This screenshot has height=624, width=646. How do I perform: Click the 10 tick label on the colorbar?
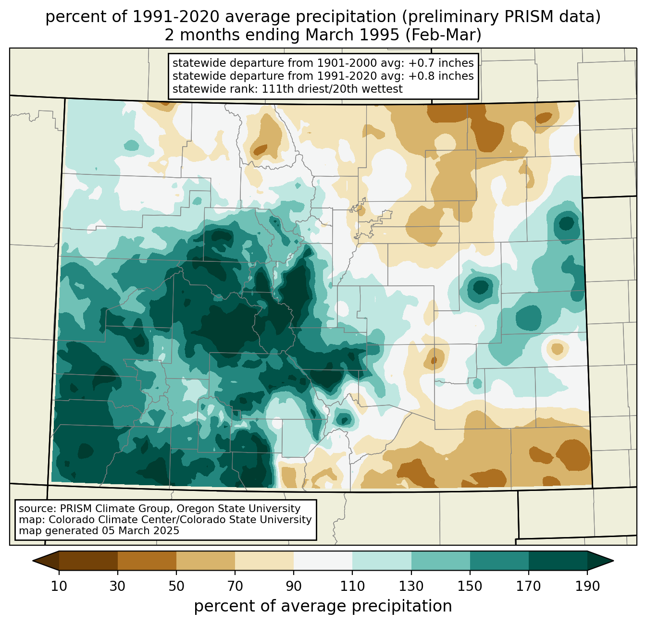(x=59, y=586)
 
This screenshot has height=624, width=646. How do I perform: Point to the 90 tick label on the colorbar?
(x=294, y=586)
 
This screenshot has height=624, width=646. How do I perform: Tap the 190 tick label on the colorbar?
(x=587, y=586)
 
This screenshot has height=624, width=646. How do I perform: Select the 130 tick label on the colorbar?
(x=411, y=586)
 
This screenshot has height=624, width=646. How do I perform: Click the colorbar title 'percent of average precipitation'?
(x=323, y=606)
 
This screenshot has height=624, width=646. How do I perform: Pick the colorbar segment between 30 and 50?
(x=147, y=561)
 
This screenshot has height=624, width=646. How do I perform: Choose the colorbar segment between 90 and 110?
(x=323, y=561)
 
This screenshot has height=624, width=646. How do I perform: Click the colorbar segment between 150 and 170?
(x=499, y=561)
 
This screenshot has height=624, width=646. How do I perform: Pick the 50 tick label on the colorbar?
(x=176, y=586)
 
